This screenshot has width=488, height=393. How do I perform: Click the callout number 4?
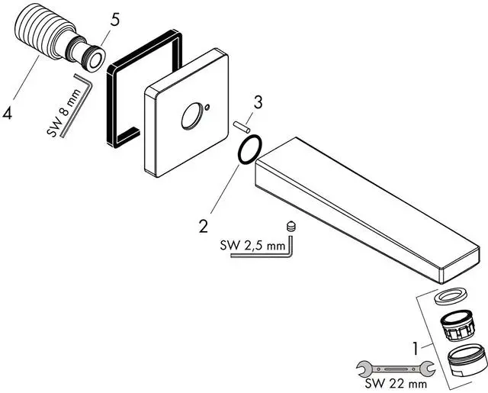(x=7, y=112)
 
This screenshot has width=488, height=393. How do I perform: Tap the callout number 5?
(x=114, y=20)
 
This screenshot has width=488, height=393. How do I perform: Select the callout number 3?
(x=258, y=102)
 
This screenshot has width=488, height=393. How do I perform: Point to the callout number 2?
(x=204, y=226)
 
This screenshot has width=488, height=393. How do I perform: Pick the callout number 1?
(x=415, y=349)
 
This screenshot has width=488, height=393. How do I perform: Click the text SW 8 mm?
(x=64, y=113)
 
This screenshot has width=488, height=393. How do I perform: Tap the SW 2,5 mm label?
(x=252, y=246)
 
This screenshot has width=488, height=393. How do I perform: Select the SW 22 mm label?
(x=396, y=383)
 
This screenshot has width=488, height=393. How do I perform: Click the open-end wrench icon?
(x=396, y=369)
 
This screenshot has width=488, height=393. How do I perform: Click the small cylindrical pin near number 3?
(x=241, y=126)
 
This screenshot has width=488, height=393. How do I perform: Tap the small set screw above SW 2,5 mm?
(x=291, y=226)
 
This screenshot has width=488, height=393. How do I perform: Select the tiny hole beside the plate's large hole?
(x=207, y=108)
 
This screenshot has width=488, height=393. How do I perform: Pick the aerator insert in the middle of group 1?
(x=457, y=325)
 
